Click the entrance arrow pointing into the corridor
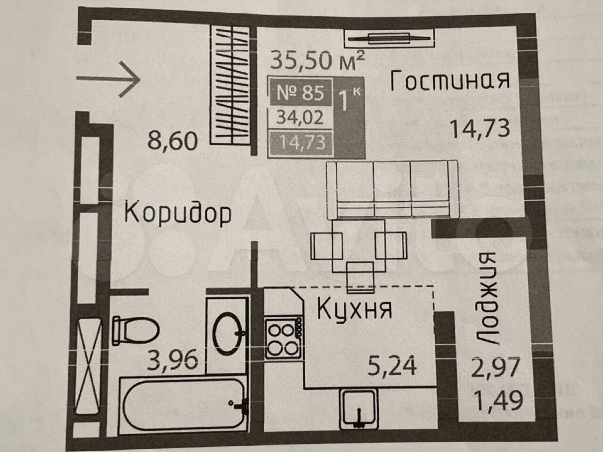tap(108, 79)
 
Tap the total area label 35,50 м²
tap(318, 60)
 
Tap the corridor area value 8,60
tap(173, 141)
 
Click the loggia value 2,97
tap(495, 367)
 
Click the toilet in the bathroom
tap(135, 330)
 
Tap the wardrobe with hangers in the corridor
tap(230, 85)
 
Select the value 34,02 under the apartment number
tap(300, 118)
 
